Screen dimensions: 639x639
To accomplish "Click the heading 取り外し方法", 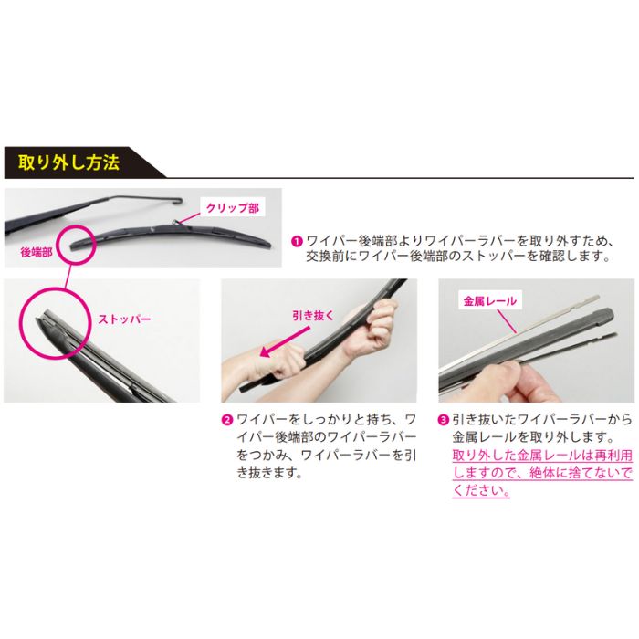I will [x=68, y=163].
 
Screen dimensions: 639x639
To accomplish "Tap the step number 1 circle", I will [x=297, y=241].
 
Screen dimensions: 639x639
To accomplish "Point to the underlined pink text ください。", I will [x=481, y=491].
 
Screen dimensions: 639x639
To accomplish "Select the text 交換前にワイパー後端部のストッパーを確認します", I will [x=457, y=257].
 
